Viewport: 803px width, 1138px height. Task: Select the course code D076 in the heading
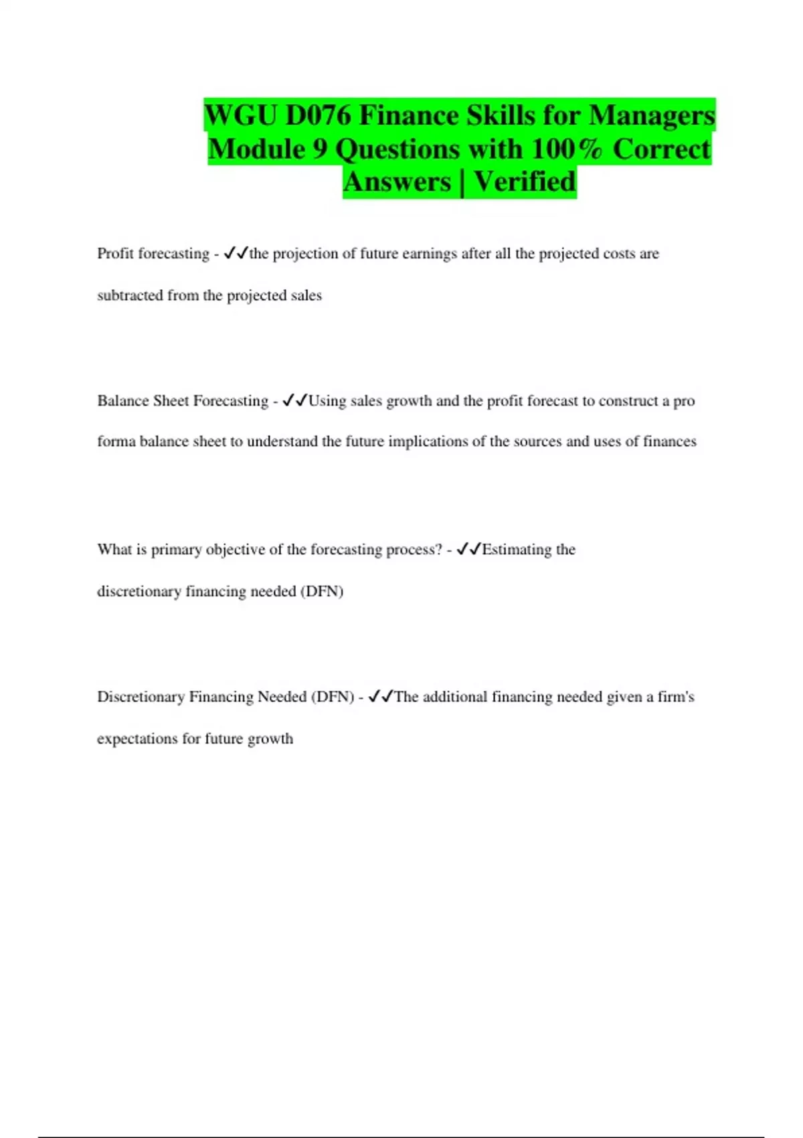pos(318,116)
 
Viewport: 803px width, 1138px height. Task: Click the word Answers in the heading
pos(397,181)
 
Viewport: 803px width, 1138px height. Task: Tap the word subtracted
pos(130,295)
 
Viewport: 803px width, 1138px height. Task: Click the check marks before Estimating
pos(468,550)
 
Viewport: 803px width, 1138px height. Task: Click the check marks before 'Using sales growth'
pos(294,401)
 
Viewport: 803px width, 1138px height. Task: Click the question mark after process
pos(439,550)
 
